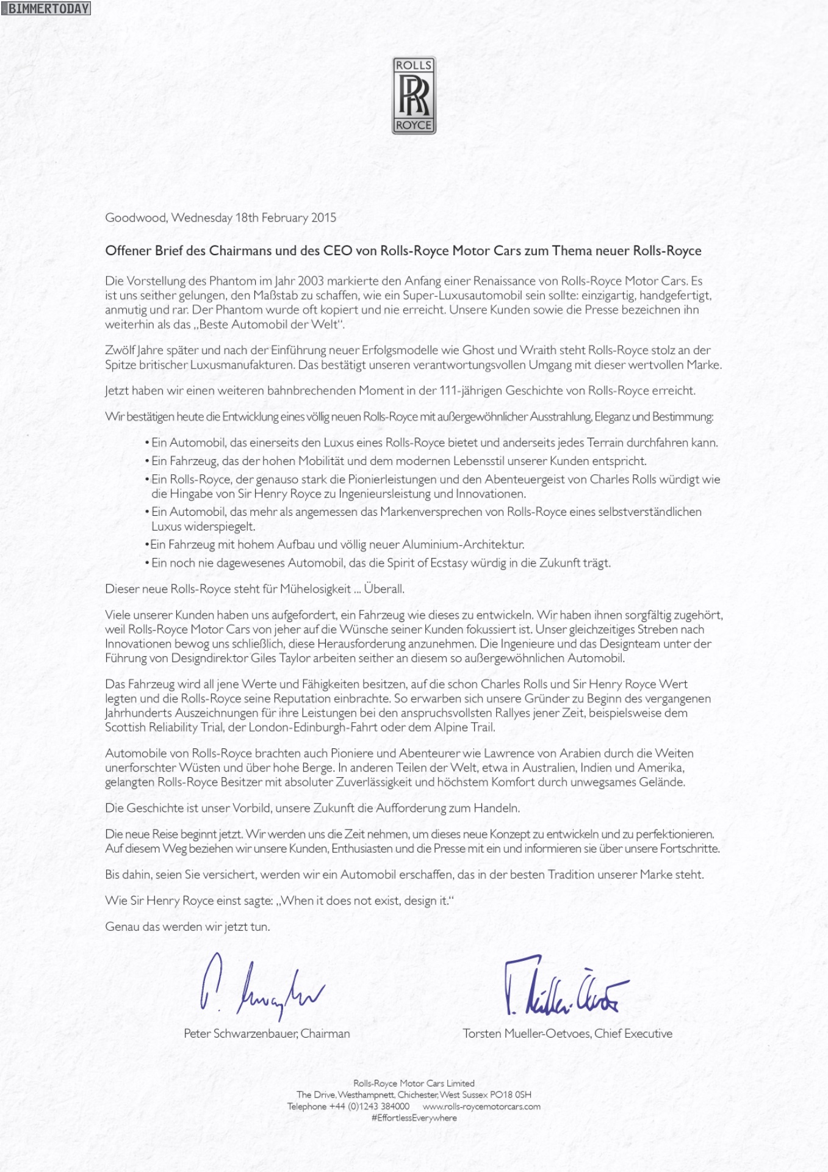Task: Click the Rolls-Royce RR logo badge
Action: pos(414,95)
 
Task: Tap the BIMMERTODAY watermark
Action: pos(46,9)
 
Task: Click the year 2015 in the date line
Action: pos(323,218)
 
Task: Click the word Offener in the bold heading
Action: pos(128,251)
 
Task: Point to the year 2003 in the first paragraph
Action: pos(311,281)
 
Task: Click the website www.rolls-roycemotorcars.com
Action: pos(481,1106)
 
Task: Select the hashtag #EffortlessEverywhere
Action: pos(414,1118)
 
